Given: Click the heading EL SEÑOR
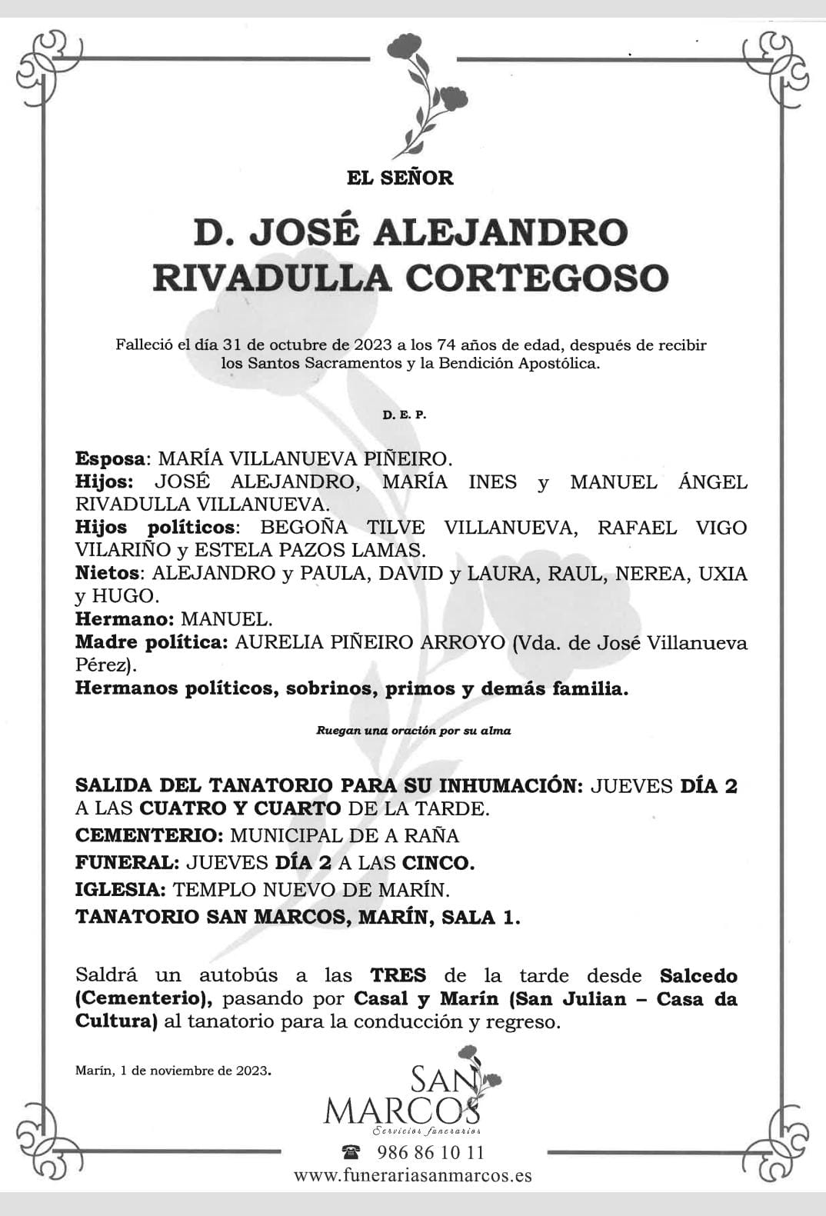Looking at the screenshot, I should pyautogui.click(x=400, y=178).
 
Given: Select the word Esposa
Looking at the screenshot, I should pyautogui.click(x=110, y=459).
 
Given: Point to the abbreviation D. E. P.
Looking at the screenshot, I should pyautogui.click(x=404, y=415).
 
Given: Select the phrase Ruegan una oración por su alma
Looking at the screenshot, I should pyautogui.click(x=413, y=731).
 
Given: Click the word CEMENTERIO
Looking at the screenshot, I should pyautogui.click(x=148, y=835).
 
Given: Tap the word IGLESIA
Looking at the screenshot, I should pyautogui.click(x=119, y=890).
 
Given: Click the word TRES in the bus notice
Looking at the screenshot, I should pyautogui.click(x=398, y=976).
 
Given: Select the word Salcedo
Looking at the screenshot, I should pyautogui.click(x=698, y=976).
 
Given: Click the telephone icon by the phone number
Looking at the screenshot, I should pyautogui.click(x=351, y=1152).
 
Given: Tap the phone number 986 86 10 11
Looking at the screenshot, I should pyautogui.click(x=431, y=1152).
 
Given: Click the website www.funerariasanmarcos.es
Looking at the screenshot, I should pyautogui.click(x=412, y=1176).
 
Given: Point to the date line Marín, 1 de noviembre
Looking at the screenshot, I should pyautogui.click(x=173, y=1070).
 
